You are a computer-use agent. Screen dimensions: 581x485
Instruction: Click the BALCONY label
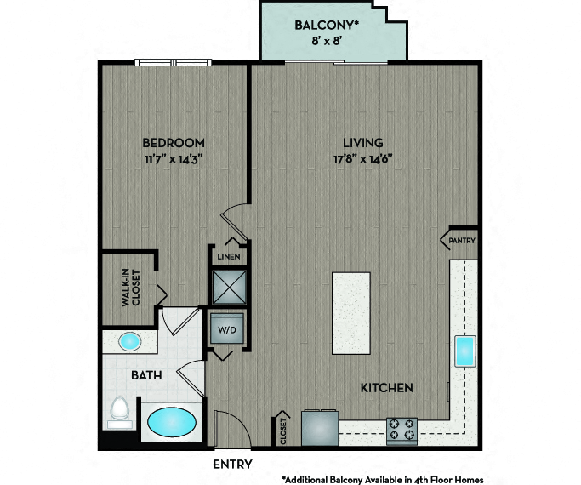pyautogui.click(x=327, y=26)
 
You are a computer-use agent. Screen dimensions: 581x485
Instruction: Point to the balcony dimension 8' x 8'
pyautogui.click(x=326, y=40)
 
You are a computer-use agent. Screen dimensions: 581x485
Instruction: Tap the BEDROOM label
pyautogui.click(x=174, y=143)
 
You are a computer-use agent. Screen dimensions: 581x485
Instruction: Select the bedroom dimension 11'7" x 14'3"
pyautogui.click(x=174, y=159)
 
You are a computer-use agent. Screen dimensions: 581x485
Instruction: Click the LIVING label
pyautogui.click(x=362, y=143)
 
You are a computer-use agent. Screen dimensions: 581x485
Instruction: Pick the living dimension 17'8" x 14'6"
pyautogui.click(x=362, y=159)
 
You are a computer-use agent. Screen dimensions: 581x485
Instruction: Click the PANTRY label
pyautogui.click(x=462, y=241)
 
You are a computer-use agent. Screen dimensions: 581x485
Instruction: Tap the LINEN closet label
pyautogui.click(x=229, y=256)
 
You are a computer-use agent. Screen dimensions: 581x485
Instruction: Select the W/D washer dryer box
pyautogui.click(x=227, y=329)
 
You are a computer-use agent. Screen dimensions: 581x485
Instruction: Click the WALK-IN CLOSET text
pyautogui.click(x=131, y=288)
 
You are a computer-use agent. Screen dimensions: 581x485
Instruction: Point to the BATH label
pyautogui.click(x=146, y=375)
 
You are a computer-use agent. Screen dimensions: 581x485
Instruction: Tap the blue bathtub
pyautogui.click(x=172, y=422)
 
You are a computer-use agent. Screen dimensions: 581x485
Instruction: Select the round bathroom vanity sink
pyautogui.click(x=129, y=341)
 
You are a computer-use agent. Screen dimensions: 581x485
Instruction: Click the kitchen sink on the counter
pyautogui.click(x=465, y=351)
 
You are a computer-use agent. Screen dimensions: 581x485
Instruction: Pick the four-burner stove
pyautogui.click(x=402, y=431)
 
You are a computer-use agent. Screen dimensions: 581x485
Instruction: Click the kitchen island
pyautogui.click(x=351, y=313)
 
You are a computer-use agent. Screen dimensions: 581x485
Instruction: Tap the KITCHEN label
pyautogui.click(x=387, y=388)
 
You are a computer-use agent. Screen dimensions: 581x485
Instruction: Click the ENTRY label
pyautogui.click(x=233, y=465)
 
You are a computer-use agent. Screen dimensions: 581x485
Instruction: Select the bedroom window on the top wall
pyautogui.click(x=173, y=63)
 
